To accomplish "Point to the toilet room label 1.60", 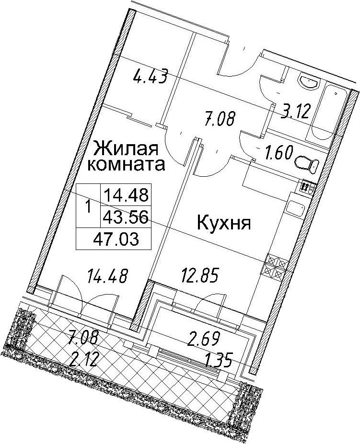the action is [279, 154].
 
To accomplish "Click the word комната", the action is [126, 164].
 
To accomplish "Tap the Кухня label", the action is [224, 223].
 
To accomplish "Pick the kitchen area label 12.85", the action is [200, 275].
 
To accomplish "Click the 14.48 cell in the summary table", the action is [126, 195].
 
